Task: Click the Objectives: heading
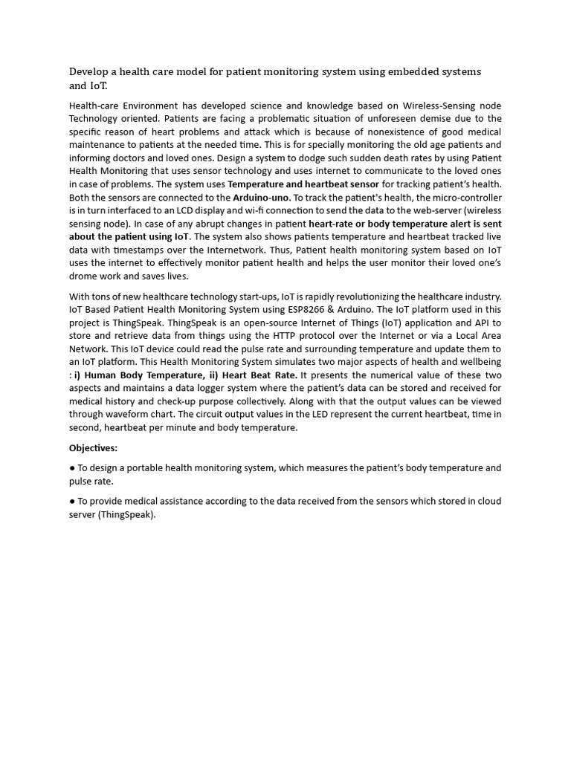[x=94, y=447]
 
